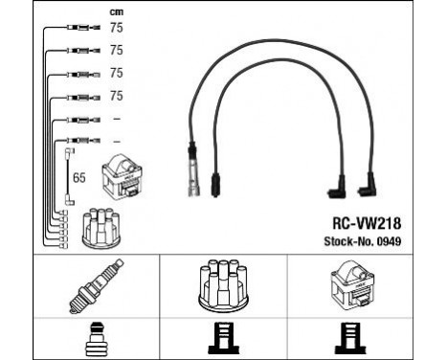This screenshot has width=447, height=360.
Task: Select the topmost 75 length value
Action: click(x=116, y=28)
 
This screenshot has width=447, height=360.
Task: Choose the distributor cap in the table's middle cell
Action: click(x=223, y=286)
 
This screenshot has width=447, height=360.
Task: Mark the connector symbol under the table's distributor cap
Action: click(x=223, y=338)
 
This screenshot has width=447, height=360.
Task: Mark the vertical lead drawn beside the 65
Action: click(x=67, y=177)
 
